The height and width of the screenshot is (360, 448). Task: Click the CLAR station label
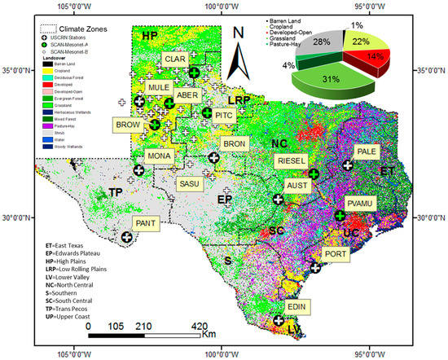(174, 60)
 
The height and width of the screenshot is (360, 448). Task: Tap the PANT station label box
(147, 222)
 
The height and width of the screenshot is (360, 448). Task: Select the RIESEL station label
(290, 161)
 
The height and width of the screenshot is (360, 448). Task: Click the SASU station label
(188, 185)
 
